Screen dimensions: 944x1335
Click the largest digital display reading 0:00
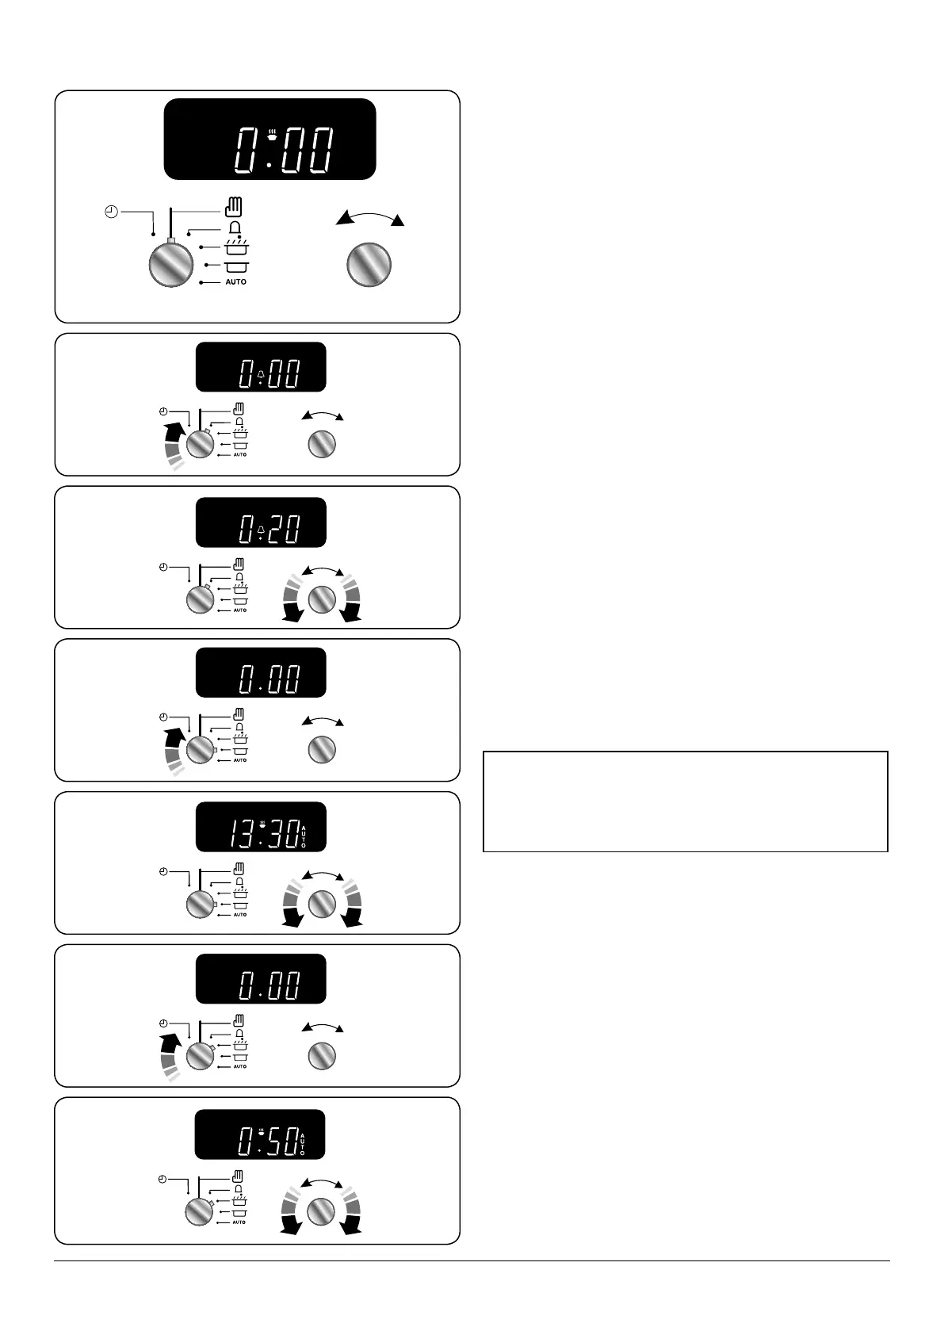[x=269, y=140]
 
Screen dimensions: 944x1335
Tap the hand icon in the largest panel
[x=234, y=208]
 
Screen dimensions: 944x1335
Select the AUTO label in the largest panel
[x=235, y=282]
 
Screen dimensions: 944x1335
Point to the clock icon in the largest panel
[x=112, y=212]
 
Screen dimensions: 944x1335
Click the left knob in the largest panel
[x=171, y=264]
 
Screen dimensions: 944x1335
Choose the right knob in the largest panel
[x=369, y=264]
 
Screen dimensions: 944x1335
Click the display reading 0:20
[x=261, y=522]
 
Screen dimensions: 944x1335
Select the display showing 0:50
[x=261, y=1134]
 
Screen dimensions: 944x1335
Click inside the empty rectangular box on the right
[x=685, y=801]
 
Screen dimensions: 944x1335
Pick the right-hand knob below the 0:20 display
[x=321, y=599]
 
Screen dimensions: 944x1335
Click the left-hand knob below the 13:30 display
[x=200, y=905]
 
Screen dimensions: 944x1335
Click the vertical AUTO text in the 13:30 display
[x=303, y=836]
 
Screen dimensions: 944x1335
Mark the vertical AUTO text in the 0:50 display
[x=302, y=1142]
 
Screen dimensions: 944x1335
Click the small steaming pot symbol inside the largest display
[x=272, y=135]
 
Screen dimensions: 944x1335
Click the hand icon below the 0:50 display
[x=237, y=1176]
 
